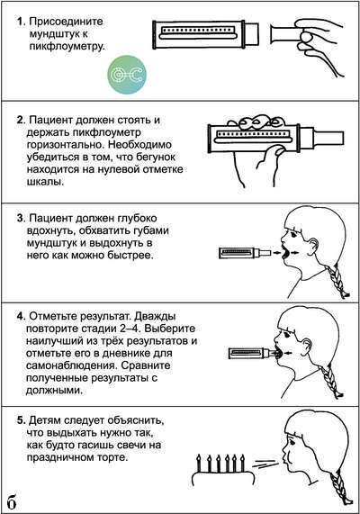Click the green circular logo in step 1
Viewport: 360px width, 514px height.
127,75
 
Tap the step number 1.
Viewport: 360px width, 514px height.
21,22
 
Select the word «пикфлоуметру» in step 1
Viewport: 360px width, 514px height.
67,46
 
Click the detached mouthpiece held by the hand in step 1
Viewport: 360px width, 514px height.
285,34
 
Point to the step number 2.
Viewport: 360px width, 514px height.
21,120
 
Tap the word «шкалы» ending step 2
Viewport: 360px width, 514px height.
45,182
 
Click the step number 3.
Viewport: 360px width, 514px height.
21,218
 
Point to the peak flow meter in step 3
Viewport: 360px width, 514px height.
245,253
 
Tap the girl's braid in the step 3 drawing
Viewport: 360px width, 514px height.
337,281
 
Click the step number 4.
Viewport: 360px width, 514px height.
21,317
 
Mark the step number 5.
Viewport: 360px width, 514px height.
21,420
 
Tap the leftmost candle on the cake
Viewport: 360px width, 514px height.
198,464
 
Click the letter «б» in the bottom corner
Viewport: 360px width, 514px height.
12,501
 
